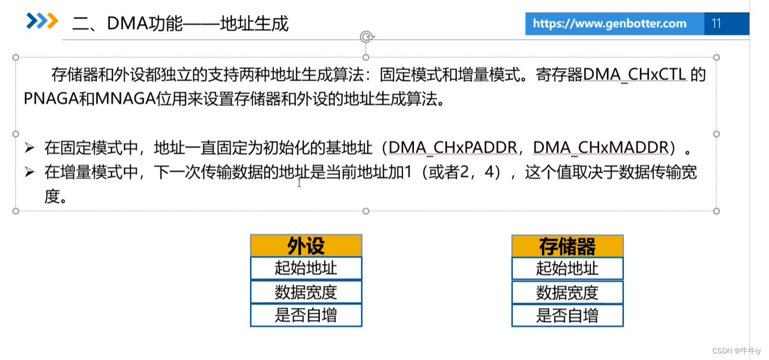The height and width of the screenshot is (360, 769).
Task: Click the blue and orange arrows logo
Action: tap(42, 21)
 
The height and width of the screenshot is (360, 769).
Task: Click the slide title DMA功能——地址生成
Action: tap(180, 24)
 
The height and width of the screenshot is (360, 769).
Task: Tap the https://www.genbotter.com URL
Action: tap(609, 24)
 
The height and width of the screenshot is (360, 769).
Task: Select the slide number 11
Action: tap(716, 24)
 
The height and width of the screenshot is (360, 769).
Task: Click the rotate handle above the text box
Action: tap(366, 37)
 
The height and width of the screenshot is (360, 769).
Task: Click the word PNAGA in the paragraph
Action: tap(51, 99)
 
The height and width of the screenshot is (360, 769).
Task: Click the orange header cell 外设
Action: tap(306, 246)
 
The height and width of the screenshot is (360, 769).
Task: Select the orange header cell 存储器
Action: tap(567, 246)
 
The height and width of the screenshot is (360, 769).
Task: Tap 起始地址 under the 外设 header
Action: tap(306, 268)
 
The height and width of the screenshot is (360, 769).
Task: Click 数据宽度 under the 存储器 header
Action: tap(567, 292)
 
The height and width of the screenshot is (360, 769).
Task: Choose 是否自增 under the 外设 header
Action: tap(306, 315)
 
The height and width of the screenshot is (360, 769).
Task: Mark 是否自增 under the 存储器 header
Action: tap(567, 316)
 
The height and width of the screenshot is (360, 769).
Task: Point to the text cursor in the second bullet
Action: tap(299, 182)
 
